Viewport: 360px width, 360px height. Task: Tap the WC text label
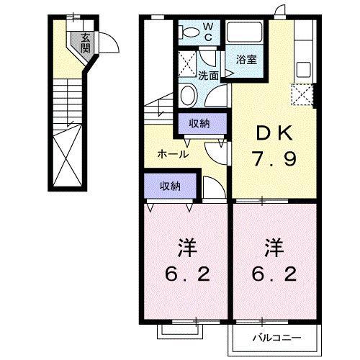[207, 31]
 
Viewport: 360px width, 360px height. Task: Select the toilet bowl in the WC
[189, 33]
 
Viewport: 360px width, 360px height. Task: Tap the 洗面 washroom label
[209, 74]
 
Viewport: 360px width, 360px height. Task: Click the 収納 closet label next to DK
[199, 124]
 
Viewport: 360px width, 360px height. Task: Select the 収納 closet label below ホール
[170, 186]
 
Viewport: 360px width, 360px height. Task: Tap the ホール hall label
[173, 153]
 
